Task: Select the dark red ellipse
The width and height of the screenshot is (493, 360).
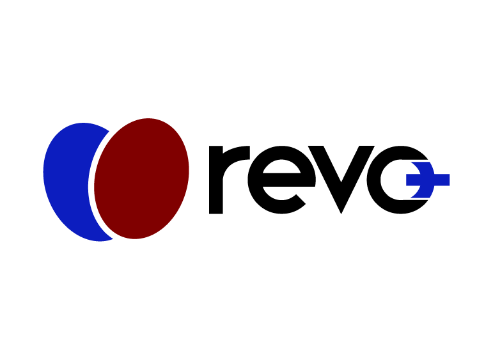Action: point(142,179)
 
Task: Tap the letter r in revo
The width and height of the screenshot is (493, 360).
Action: point(224,179)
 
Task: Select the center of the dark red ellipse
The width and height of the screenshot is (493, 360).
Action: point(142,179)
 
